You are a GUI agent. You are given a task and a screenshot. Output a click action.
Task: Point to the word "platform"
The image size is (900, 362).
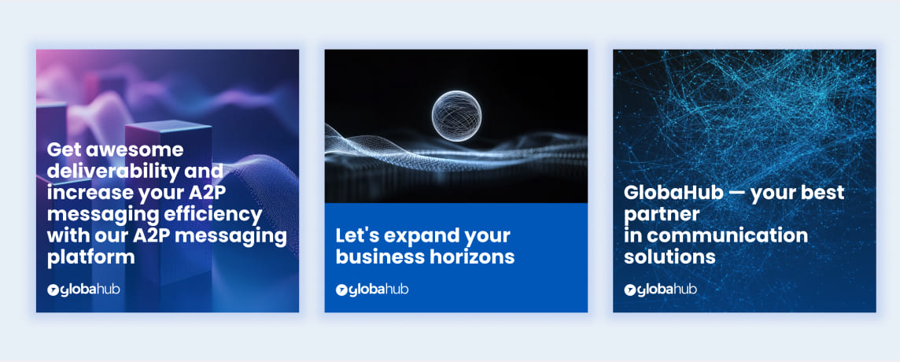[x=91, y=257]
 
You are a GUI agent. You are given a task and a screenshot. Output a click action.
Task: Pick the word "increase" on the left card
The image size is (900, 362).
[x=83, y=193]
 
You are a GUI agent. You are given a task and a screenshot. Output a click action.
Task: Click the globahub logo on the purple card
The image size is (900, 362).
[x=83, y=289]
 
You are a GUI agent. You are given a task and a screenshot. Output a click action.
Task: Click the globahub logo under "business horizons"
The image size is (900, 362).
[x=372, y=289]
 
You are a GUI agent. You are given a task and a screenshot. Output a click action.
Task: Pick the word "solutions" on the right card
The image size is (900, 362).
[x=669, y=257]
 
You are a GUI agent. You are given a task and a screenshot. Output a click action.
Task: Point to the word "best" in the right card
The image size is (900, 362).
[x=824, y=193]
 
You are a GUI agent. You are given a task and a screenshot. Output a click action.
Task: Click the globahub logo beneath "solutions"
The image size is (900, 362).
[x=661, y=289]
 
